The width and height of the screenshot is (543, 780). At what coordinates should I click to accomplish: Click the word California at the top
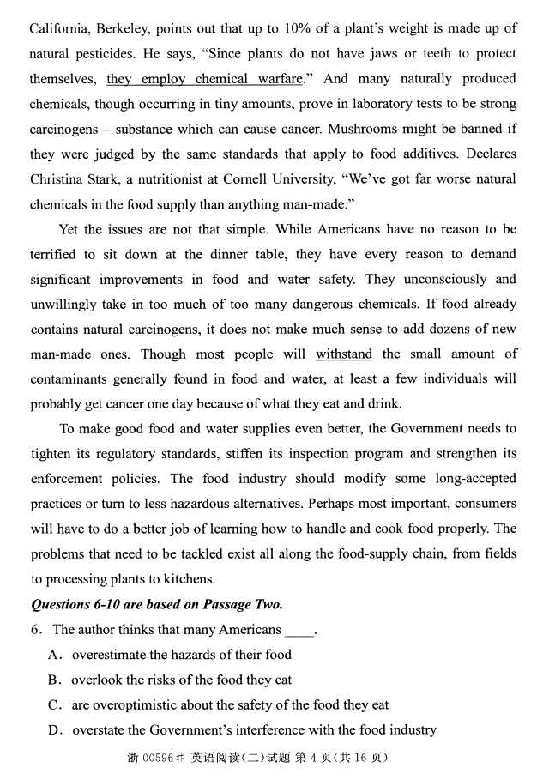[x=61, y=29]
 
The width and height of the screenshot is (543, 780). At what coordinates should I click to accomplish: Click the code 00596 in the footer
[x=157, y=757]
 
